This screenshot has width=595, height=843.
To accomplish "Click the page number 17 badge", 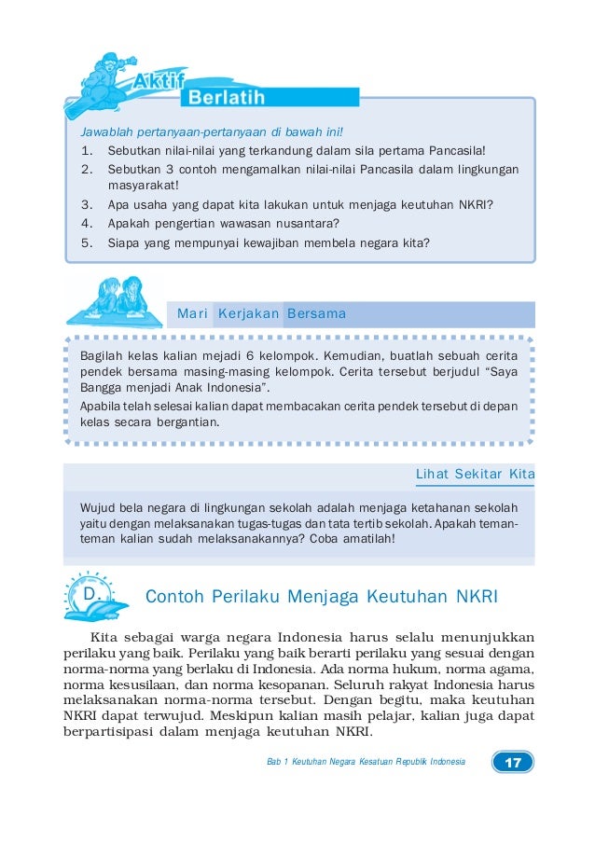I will click(x=513, y=762).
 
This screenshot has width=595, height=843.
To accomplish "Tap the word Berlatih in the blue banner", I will click(x=227, y=98).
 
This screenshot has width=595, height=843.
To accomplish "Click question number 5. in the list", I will click(x=87, y=243).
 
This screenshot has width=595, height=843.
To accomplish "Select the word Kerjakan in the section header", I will click(x=248, y=314).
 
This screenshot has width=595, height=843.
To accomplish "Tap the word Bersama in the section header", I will click(x=316, y=314).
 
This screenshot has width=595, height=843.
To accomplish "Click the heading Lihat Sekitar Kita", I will click(x=475, y=475).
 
